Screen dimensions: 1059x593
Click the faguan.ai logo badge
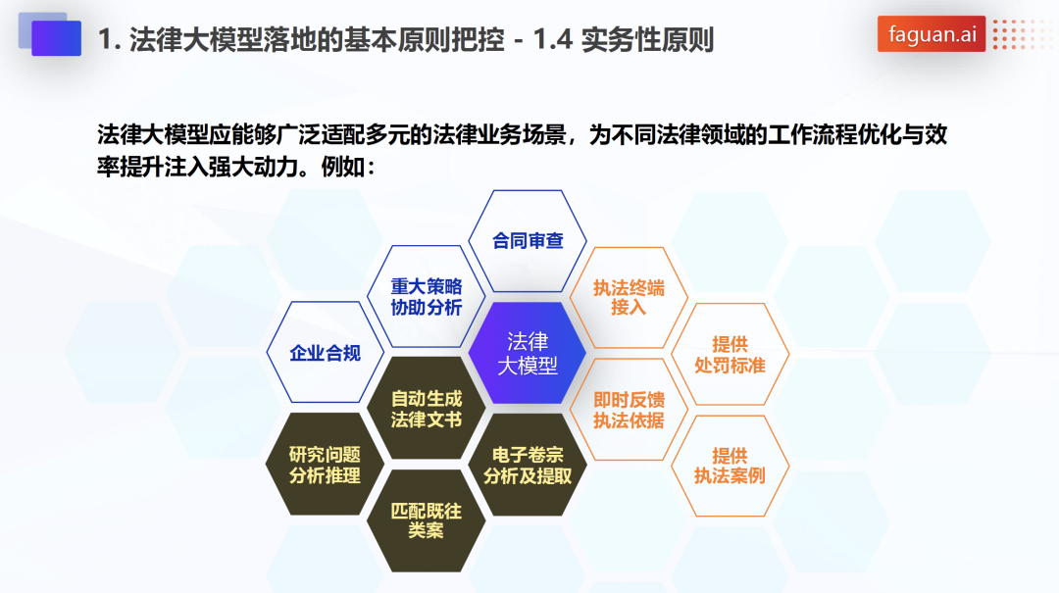pos(932,33)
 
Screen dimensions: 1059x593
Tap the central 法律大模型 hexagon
pos(528,353)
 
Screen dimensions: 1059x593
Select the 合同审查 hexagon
pos(528,241)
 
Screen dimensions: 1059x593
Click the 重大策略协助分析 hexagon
pos(427,296)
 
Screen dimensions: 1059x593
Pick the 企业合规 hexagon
pos(325,353)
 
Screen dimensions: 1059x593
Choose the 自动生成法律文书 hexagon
pos(427,409)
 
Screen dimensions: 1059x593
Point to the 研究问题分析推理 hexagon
pos(325,465)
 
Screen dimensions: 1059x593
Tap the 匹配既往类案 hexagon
pos(427,520)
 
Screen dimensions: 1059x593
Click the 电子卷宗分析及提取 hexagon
pos(528,465)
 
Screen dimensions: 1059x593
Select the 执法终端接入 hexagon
pos(629,298)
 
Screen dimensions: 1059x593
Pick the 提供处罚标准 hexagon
pos(731,354)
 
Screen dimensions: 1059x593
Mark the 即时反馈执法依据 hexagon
pos(629,410)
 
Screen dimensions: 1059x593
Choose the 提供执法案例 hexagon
pos(731,466)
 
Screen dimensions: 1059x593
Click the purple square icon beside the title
pos(56,38)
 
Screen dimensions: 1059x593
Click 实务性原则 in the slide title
pos(647,40)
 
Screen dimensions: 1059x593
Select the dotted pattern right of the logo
pos(1021,33)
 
